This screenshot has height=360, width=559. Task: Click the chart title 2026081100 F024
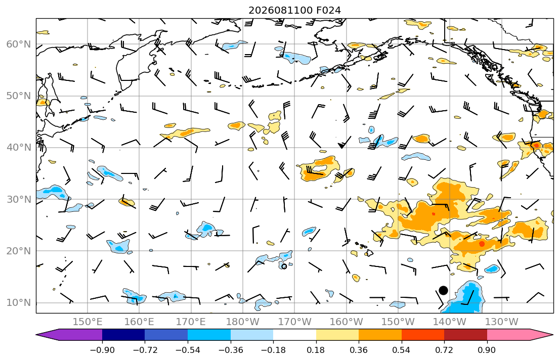294,10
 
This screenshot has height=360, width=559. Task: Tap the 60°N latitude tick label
19,44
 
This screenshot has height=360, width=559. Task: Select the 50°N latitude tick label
19,96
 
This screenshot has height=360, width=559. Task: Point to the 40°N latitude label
19,148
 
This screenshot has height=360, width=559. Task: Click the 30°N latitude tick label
19,199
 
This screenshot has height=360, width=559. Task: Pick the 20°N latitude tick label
19,251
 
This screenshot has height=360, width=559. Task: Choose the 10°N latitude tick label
19,303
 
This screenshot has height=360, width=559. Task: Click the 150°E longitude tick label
88,322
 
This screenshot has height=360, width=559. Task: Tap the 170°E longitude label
191,322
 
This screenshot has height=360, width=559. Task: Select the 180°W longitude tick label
243,322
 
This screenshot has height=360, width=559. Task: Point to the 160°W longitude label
347,322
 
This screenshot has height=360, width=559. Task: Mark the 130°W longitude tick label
502,322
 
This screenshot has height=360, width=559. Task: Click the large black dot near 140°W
443,291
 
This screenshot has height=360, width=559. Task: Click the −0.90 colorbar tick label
102,350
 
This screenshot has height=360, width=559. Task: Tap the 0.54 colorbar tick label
402,350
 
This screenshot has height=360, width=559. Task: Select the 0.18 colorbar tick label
316,350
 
